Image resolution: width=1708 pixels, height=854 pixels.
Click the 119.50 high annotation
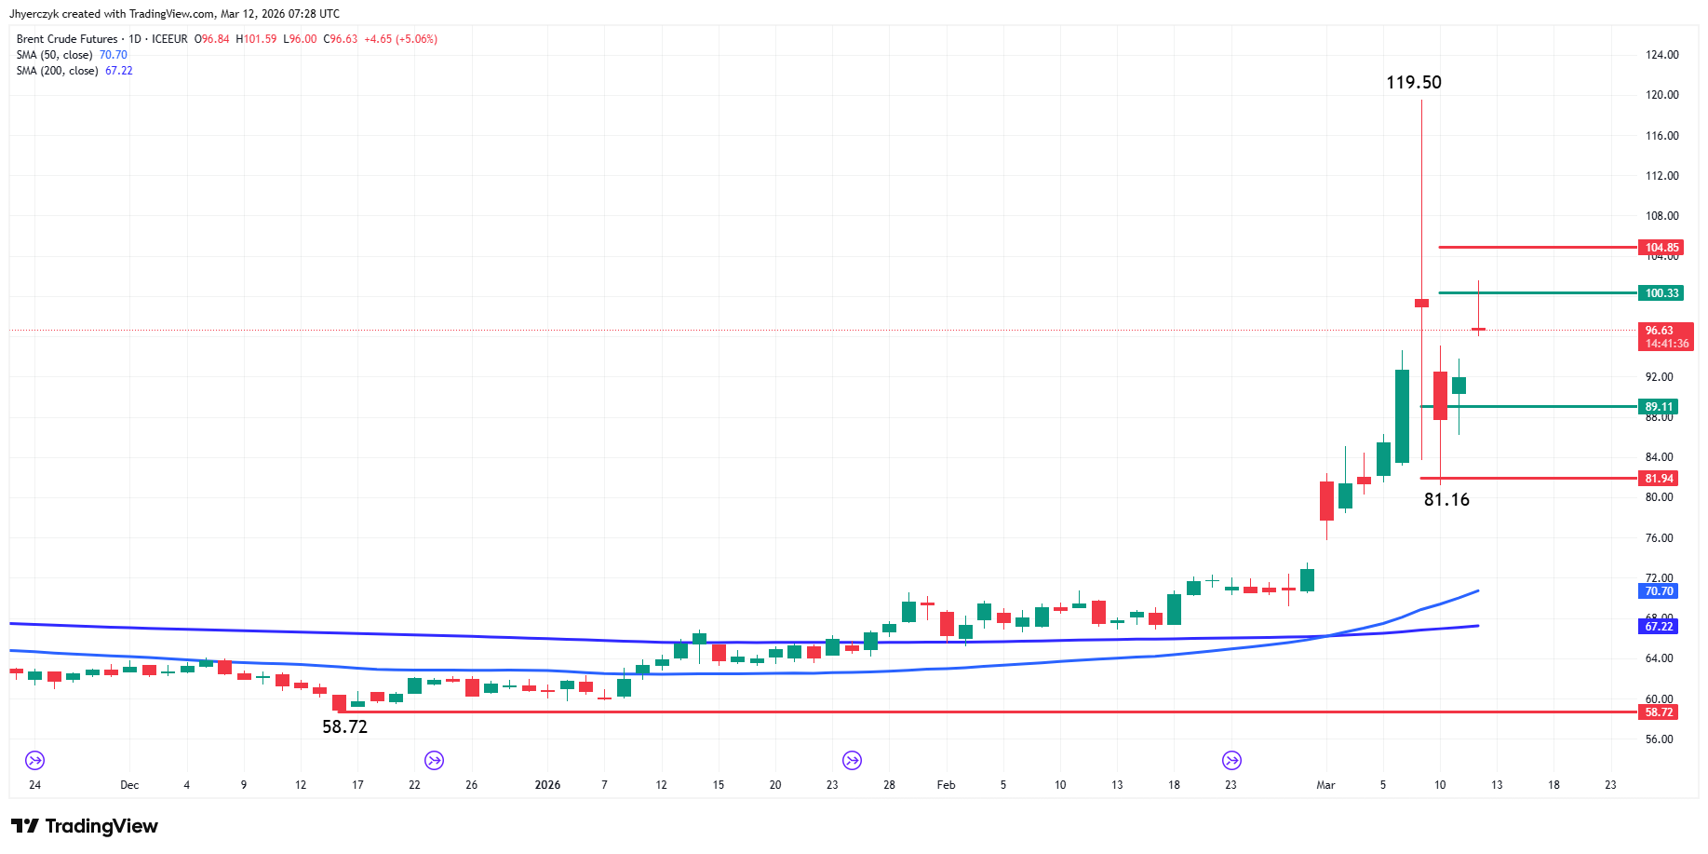1413,82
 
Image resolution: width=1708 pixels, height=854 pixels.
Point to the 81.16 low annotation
1446,499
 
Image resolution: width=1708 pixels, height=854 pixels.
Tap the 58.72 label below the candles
344,726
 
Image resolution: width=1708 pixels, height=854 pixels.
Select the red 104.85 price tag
1661,248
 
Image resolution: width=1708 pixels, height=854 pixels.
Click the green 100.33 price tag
1661,293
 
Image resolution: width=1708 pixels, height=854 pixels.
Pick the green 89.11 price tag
1658,407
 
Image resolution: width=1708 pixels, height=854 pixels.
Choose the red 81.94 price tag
1658,479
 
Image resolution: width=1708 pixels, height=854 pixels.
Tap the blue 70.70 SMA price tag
1658,591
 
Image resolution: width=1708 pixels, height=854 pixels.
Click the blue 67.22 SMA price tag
1658,627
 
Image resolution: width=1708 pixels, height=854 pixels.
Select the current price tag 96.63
1665,336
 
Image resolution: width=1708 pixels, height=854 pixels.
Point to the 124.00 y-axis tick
1661,55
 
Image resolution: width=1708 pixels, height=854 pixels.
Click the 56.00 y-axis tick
1659,739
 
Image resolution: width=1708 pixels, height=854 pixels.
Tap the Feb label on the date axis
946,785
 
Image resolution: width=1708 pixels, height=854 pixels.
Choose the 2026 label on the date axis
547,785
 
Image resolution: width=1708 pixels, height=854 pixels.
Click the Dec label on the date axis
129,785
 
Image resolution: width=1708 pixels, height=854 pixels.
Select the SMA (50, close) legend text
54,55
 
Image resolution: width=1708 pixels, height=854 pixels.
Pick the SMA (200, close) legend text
57,71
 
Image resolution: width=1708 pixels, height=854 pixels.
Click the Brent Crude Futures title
67,39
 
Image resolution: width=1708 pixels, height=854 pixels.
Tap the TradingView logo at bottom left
85,826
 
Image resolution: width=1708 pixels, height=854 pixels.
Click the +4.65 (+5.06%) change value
400,39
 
